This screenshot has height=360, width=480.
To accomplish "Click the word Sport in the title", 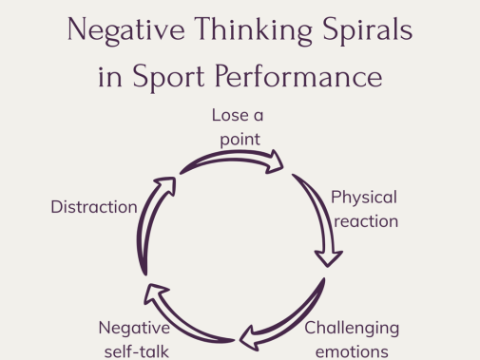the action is click(x=168, y=77).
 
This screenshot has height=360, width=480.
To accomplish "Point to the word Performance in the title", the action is click(x=298, y=76).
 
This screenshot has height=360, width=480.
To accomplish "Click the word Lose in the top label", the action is click(x=230, y=115).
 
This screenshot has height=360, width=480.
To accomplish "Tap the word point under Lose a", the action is click(x=240, y=140).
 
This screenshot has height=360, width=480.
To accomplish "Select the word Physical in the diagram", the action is click(x=364, y=199).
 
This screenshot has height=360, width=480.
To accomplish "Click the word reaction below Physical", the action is click(x=366, y=221).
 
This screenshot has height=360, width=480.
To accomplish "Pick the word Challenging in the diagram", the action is click(x=352, y=329).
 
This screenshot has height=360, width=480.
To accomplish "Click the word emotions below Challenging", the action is click(x=352, y=352).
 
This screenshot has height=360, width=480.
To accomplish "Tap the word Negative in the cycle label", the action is click(x=134, y=328).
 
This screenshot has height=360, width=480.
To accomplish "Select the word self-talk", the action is click(x=137, y=351).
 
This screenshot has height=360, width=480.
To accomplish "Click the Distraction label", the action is click(x=94, y=207).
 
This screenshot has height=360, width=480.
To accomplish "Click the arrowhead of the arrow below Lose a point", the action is click(x=275, y=162).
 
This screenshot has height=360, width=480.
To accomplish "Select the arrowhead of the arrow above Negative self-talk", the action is click(x=155, y=293).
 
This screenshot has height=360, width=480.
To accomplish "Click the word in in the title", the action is click(x=109, y=78).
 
